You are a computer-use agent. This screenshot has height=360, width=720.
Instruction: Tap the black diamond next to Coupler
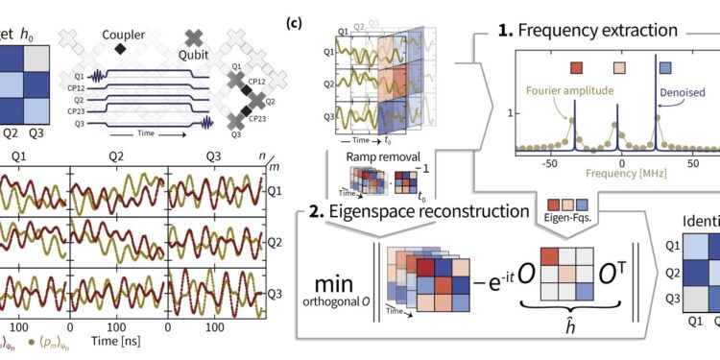(x=120, y=47)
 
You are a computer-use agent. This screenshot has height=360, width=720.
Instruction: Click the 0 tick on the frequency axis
(x=621, y=164)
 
